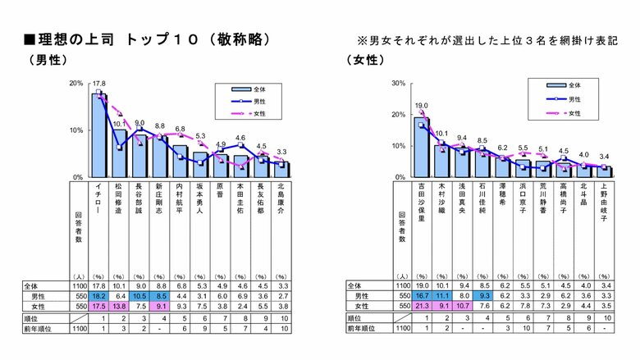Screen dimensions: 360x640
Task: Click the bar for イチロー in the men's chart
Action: tap(98, 135)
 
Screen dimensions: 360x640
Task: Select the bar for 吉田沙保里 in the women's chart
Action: tap(421, 148)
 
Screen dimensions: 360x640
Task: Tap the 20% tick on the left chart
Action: tap(75, 84)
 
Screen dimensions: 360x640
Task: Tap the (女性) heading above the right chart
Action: tap(366, 60)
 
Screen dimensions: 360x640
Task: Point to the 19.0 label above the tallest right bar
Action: tap(421, 106)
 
